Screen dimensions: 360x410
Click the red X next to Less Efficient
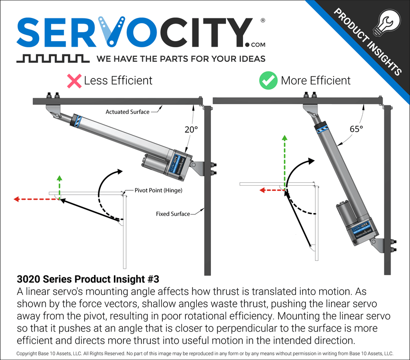pyautogui.click(x=74, y=81)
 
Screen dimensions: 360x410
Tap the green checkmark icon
pyautogui.click(x=268, y=81)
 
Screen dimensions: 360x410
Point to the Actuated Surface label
pyautogui.click(x=127, y=112)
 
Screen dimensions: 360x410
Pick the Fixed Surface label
pyautogui.click(x=173, y=214)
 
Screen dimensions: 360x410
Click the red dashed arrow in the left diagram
pyautogui.click(x=36, y=199)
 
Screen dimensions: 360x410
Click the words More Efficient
pyautogui.click(x=315, y=81)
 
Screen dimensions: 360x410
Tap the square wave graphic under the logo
pyautogui.click(x=52, y=59)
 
